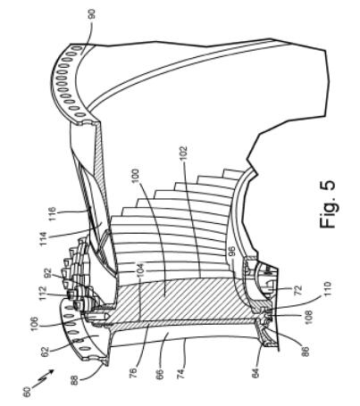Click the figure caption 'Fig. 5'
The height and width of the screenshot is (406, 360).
click(x=327, y=204)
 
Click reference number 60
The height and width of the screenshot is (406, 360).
click(x=26, y=391)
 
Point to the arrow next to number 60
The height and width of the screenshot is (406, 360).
click(x=43, y=377)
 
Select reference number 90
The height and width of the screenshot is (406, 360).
click(x=91, y=14)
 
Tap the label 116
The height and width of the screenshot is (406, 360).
click(x=52, y=214)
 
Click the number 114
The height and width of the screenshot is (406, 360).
click(x=43, y=239)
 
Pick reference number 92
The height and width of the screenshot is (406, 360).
click(x=48, y=273)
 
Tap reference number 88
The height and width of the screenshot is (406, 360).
click(x=74, y=380)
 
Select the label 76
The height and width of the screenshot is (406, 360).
click(x=133, y=373)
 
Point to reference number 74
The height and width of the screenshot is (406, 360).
click(x=180, y=373)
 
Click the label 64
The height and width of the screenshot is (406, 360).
click(x=256, y=373)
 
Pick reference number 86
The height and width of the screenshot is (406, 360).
click(x=306, y=351)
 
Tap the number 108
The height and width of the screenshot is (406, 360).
click(x=308, y=318)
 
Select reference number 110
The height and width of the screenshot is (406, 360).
click(x=327, y=288)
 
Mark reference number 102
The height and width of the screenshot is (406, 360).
click(x=184, y=153)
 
